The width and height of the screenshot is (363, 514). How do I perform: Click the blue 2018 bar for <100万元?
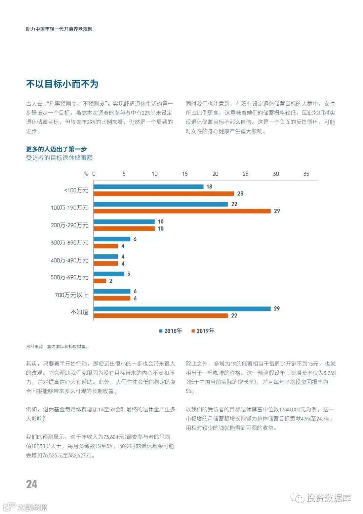coord(148,186)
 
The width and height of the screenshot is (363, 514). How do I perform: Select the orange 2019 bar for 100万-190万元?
coord(182,211)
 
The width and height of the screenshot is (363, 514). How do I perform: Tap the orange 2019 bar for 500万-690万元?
coord(100,281)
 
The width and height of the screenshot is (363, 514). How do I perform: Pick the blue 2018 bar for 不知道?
coord(182,309)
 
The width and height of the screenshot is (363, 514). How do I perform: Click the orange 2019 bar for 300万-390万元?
coord(106,246)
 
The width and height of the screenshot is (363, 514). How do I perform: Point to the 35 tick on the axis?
coord(306,174)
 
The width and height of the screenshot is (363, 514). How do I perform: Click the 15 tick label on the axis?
coord(185,174)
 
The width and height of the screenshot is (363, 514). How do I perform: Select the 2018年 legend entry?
coord(171,331)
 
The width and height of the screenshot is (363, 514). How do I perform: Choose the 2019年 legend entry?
coord(203,331)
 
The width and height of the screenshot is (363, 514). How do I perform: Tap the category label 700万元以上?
coord(71,295)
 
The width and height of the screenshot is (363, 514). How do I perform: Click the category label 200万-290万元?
coord(70,225)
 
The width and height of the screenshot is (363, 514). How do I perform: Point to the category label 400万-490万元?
coord(70,260)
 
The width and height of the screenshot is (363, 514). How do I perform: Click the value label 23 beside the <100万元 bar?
coord(240,194)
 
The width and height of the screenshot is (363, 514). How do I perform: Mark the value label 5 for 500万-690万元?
coord(128,274)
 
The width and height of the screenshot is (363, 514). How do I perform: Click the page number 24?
coord(32,484)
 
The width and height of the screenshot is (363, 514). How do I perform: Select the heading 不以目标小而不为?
coord(62,84)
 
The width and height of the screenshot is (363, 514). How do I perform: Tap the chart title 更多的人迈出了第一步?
coord(56,149)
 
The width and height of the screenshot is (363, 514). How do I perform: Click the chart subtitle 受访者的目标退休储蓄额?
coord(59,158)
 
